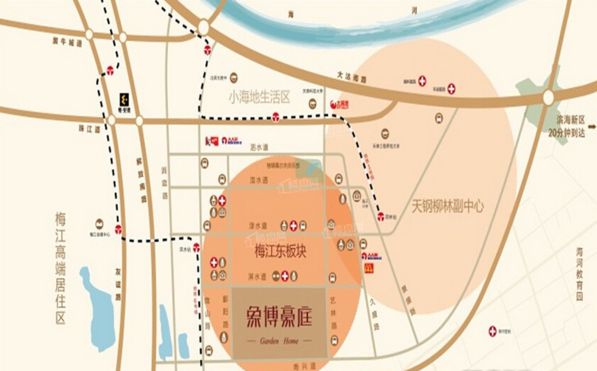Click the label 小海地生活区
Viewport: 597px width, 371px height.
pos(260,97)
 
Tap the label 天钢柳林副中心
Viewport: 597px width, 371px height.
pos(447,206)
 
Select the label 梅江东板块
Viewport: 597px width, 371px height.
pos(280,251)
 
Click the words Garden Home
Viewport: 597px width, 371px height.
pos(279,341)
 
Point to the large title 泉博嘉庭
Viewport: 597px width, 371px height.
pos(279,317)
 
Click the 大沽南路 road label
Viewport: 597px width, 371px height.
pos(352,77)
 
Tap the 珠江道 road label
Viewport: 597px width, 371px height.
pos(89,129)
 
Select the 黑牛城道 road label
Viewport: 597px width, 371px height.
pos(67,42)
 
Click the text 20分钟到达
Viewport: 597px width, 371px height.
pos(566,133)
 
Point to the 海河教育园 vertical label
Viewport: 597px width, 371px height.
pos(579,274)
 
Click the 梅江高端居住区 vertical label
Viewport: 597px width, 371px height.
pos(61,268)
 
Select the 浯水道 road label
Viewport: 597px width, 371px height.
pos(259,147)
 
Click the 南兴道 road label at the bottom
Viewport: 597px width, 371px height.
pos(304,366)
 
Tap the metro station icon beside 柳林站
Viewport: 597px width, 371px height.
pos(381,216)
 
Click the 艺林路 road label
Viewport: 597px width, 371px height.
pos(333,312)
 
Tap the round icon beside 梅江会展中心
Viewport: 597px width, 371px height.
pos(99,224)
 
